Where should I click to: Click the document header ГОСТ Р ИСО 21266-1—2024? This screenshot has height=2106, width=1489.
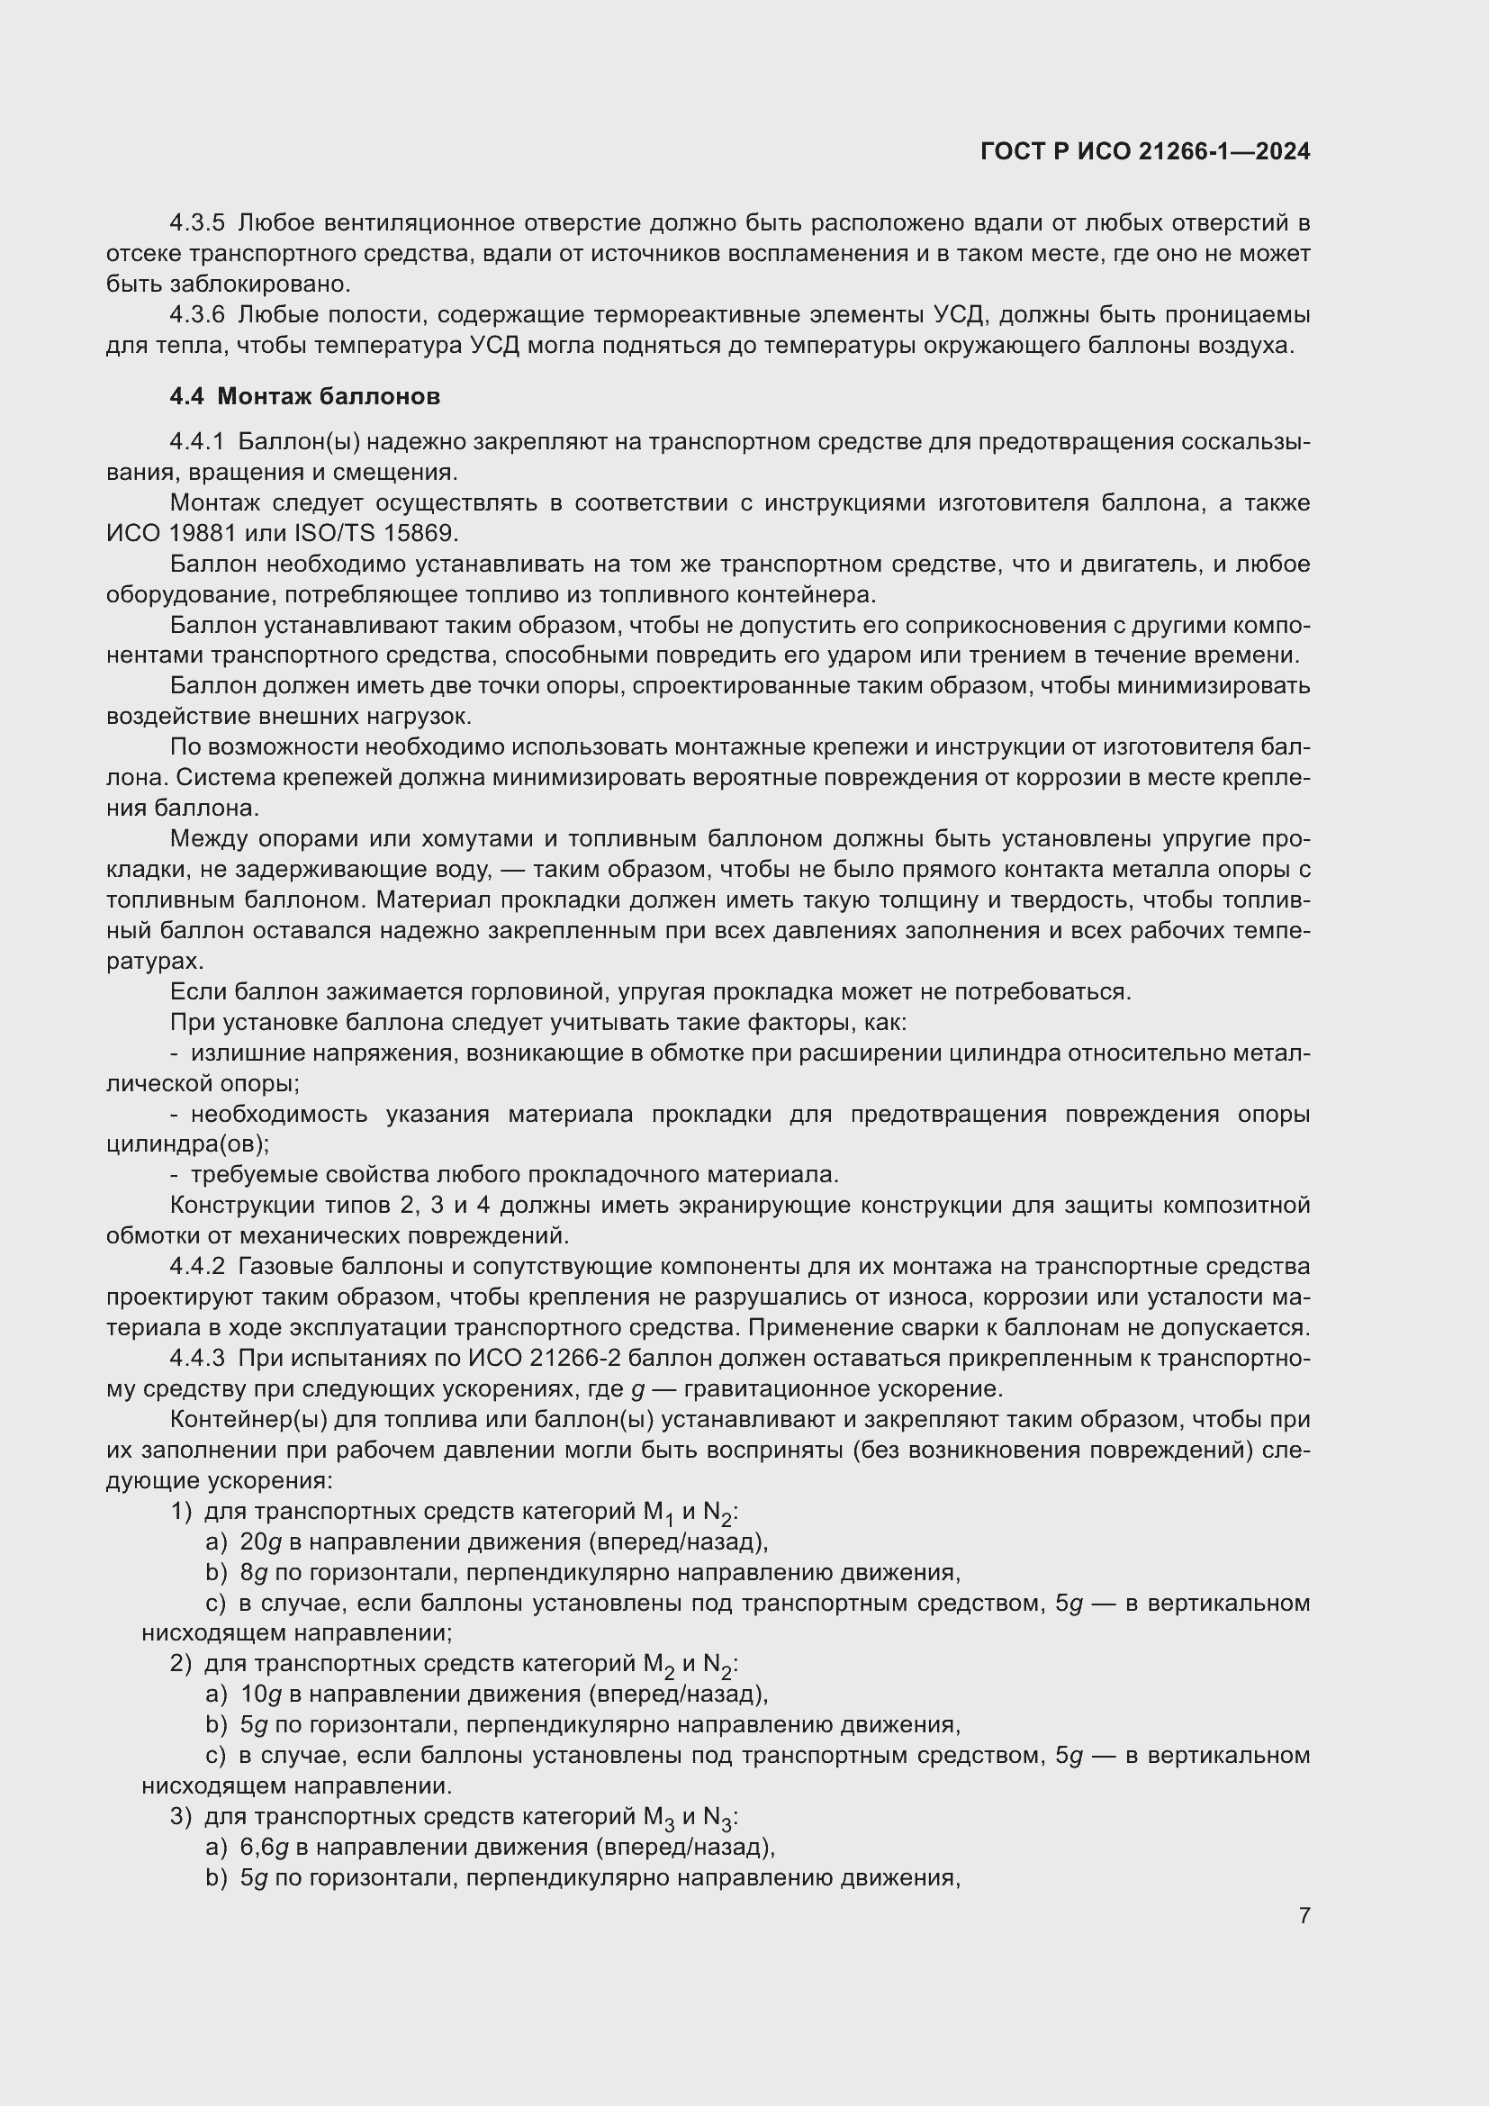pyautogui.click(x=1144, y=151)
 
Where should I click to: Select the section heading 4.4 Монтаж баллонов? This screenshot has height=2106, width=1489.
pyautogui.click(x=304, y=396)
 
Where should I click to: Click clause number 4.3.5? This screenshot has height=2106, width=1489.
pyautogui.click(x=197, y=223)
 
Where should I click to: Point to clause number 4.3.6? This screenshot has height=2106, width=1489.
pyautogui.click(x=197, y=315)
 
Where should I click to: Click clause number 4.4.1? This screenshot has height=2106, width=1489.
pyautogui.click(x=197, y=442)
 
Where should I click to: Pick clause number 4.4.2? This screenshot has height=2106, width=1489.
pyautogui.click(x=197, y=1267)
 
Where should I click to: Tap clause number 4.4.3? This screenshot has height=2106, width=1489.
pyautogui.click(x=197, y=1359)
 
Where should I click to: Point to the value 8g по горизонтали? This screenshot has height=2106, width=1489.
pyautogui.click(x=253, y=1573)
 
